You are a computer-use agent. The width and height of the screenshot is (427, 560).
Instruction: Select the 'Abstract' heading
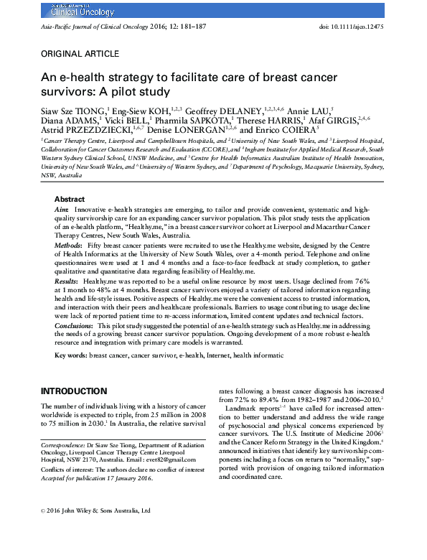coord(70,199)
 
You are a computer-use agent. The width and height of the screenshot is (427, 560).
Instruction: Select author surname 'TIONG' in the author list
coord(91,111)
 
